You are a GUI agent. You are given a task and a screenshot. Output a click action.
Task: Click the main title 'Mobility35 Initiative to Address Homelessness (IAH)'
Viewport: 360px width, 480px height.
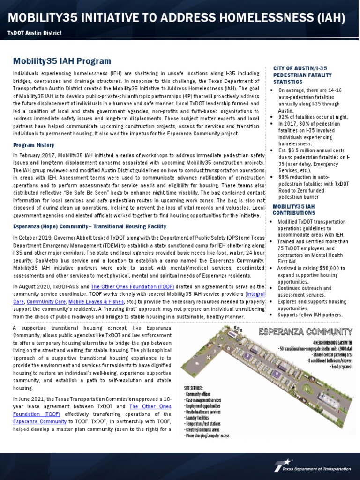tap(177, 18)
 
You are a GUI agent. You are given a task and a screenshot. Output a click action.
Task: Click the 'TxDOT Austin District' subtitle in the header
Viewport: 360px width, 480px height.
tap(34, 33)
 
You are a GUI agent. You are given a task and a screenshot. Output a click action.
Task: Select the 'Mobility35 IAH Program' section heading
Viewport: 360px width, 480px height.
tap(62, 61)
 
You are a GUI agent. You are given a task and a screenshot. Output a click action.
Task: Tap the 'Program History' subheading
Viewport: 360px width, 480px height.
tap(34, 145)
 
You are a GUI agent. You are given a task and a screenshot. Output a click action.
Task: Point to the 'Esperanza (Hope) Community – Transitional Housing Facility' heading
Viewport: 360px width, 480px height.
tap(90, 226)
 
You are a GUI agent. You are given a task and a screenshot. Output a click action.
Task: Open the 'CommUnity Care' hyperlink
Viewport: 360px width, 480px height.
tap(46, 302)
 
